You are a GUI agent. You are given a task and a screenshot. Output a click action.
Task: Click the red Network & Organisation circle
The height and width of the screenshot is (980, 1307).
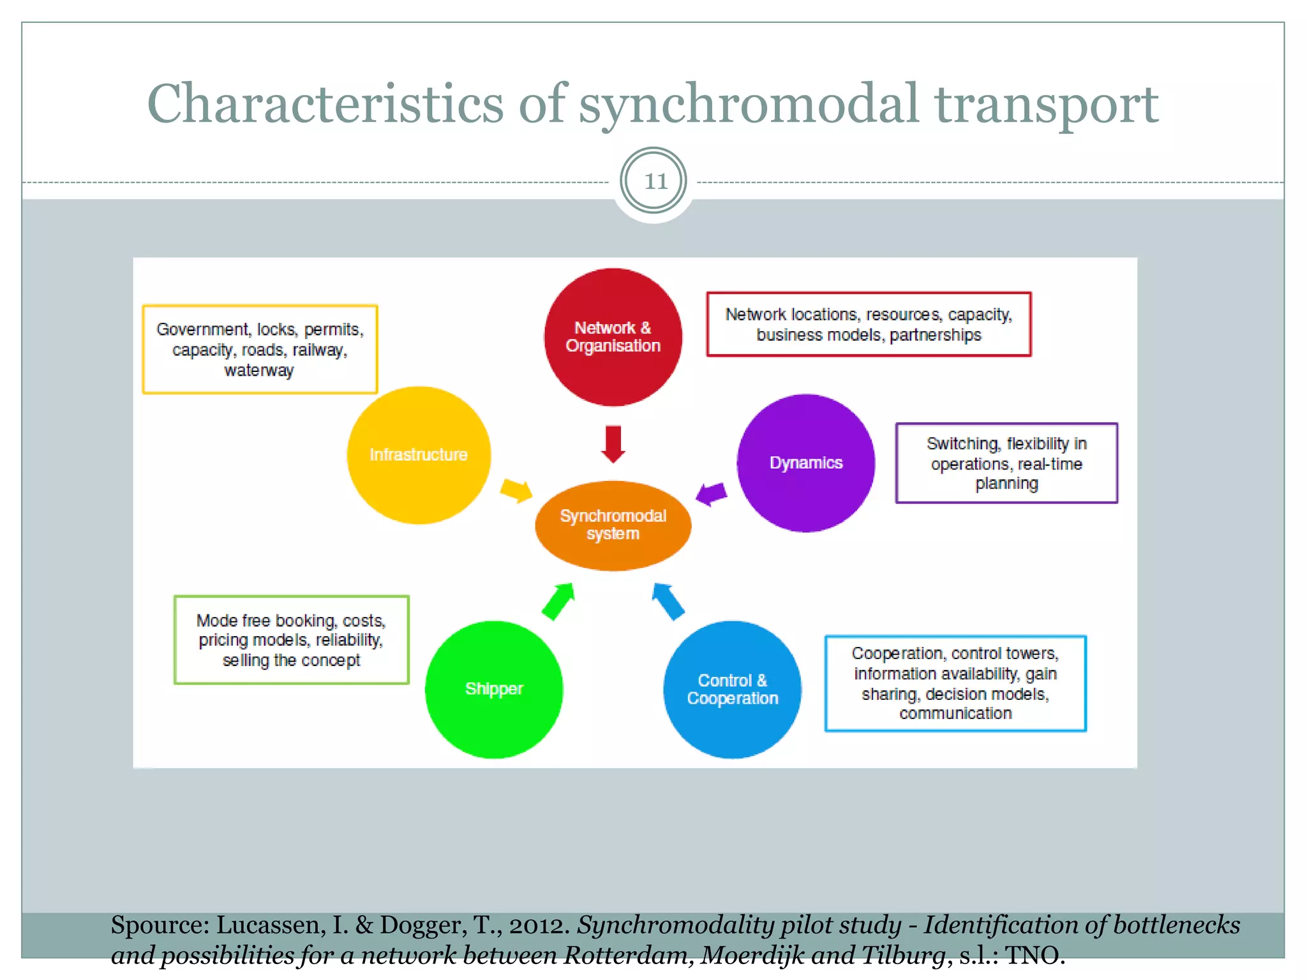[x=613, y=337]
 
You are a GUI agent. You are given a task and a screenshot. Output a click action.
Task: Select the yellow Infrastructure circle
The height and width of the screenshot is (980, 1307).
[x=419, y=455]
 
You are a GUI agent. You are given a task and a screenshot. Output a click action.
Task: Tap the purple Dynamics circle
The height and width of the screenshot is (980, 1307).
[x=805, y=463]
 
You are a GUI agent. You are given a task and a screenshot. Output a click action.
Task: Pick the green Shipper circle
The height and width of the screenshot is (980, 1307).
[x=494, y=689]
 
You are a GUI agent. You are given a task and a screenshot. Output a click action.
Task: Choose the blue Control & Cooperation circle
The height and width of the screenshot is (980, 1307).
[x=732, y=689]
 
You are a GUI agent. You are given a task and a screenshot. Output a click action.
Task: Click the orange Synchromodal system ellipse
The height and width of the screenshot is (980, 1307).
[x=613, y=525]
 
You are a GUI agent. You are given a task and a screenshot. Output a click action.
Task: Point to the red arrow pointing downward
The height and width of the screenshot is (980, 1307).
[x=613, y=443]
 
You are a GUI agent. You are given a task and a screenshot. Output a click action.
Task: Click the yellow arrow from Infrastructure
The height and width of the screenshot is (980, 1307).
[x=516, y=490]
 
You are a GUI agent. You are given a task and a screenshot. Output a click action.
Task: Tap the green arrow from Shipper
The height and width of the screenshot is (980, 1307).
[x=559, y=600]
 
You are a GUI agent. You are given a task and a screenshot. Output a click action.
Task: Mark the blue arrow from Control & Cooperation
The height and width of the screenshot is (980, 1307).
[x=668, y=601]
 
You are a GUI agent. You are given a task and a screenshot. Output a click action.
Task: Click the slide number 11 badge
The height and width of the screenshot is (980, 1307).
[x=653, y=181]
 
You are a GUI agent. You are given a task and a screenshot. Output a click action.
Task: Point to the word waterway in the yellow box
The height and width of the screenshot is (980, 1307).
[x=259, y=371]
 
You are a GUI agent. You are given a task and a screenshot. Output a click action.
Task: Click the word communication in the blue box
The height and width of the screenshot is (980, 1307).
[x=955, y=713]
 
